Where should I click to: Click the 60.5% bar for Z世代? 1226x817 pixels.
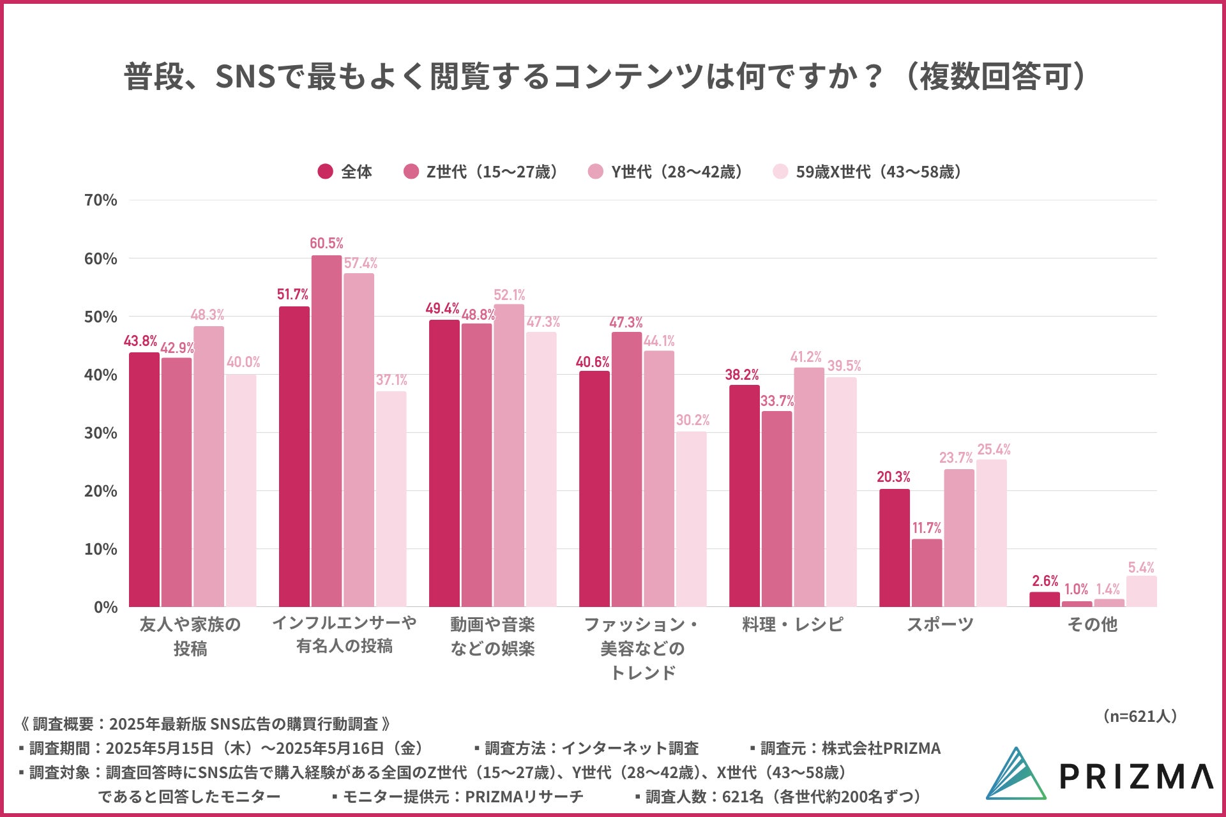[326, 431]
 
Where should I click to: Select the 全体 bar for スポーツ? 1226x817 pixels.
[894, 548]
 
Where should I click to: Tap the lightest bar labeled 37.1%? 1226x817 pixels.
[391, 498]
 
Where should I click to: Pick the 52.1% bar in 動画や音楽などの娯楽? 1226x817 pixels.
[509, 455]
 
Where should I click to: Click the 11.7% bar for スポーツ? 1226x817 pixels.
[927, 573]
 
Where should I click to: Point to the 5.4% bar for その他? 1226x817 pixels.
[1141, 591]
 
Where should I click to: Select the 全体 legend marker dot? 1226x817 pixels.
[325, 172]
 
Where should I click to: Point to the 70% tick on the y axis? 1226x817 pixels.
[101, 200]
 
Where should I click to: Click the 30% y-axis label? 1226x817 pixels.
[101, 433]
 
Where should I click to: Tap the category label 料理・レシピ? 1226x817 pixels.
[792, 624]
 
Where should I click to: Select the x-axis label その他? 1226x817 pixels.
[1092, 624]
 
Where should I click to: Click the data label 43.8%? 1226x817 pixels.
[140, 341]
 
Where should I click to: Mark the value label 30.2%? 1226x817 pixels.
[693, 420]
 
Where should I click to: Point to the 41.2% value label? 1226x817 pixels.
[806, 357]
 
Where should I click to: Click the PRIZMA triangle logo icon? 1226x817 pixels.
[1017, 774]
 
